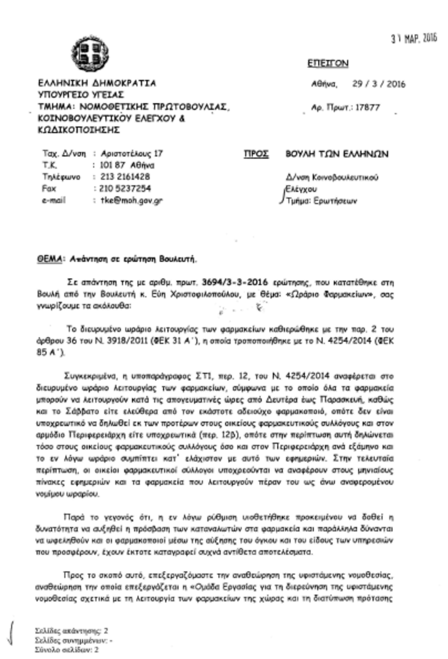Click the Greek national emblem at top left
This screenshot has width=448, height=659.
coord(90,53)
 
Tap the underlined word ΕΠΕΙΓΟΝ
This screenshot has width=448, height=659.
coord(328,63)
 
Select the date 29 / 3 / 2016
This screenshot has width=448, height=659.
coord(378,84)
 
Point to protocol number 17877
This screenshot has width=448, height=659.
coord(367,108)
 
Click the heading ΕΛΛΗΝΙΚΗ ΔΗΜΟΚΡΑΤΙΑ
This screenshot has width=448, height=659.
coord(97,83)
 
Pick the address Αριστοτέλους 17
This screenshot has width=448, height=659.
coord(132,154)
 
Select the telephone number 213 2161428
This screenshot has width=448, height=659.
coord(125,177)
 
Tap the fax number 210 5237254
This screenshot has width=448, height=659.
coord(125,188)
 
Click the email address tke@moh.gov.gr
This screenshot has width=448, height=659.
coord(132,200)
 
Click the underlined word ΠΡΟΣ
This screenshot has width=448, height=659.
coord(256,154)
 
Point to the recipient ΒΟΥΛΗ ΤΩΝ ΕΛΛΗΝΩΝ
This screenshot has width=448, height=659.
coord(337,154)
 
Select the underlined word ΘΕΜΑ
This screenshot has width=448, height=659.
coord(49,259)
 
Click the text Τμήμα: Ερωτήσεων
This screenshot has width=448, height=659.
coord(321,201)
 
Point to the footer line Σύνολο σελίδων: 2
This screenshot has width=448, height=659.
coord(67,650)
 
